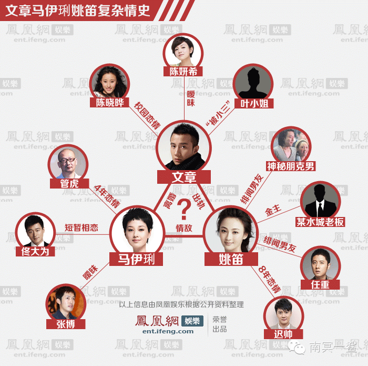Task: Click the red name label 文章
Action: pos(184,177)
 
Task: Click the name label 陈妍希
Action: pos(183,72)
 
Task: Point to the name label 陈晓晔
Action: pos(110,103)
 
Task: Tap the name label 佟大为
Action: pos(35,251)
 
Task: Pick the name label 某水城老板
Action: pos(320,222)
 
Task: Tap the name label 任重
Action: pos(319,285)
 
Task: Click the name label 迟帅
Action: pos(283,334)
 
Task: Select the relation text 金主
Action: pos(273,210)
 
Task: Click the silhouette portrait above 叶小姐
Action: pos(254,82)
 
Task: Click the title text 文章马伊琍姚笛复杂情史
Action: pos(78,11)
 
